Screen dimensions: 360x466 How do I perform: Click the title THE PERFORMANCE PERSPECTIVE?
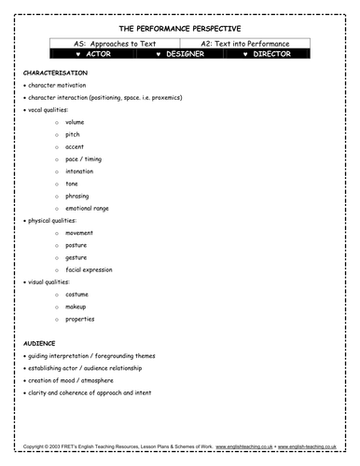(x=180, y=30)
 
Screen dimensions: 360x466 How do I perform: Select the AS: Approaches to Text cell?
(x=109, y=44)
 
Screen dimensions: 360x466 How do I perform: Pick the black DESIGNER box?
(x=180, y=54)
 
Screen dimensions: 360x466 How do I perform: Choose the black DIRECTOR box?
(x=267, y=54)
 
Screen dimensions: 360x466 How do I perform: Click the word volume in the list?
(x=76, y=122)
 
